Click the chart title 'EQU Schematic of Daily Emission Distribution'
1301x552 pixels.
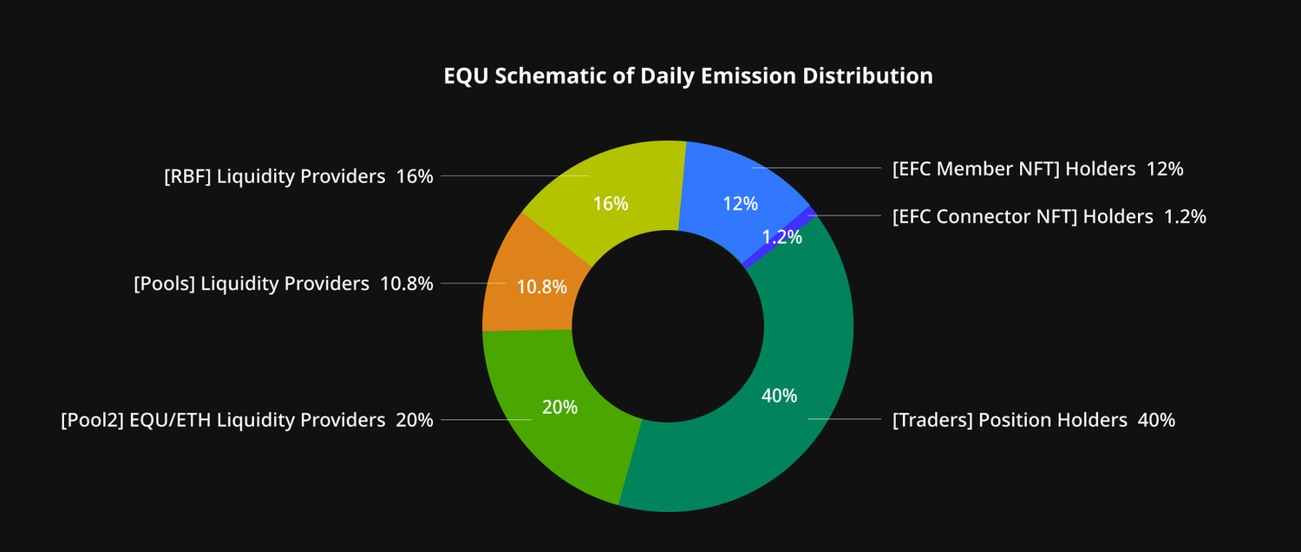pyautogui.click(x=688, y=76)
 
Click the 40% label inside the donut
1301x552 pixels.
pyautogui.click(x=779, y=396)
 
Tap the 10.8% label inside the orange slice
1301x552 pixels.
pyautogui.click(x=541, y=286)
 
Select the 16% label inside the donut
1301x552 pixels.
pyautogui.click(x=611, y=204)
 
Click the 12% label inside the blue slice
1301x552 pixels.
pyautogui.click(x=740, y=204)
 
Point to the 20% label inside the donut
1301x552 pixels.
pyautogui.click(x=559, y=407)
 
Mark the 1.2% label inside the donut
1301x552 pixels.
pyautogui.click(x=781, y=237)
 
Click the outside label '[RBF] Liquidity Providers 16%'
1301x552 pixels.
pyautogui.click(x=298, y=176)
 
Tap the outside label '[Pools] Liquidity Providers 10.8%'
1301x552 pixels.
pyautogui.click(x=283, y=284)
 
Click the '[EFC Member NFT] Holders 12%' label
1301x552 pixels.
pyautogui.click(x=1037, y=169)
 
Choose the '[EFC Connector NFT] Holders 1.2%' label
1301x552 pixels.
pyautogui.click(x=1049, y=216)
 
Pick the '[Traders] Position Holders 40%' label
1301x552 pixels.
pyautogui.click(x=1033, y=420)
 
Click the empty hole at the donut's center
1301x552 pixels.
pyautogui.click(x=668, y=325)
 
